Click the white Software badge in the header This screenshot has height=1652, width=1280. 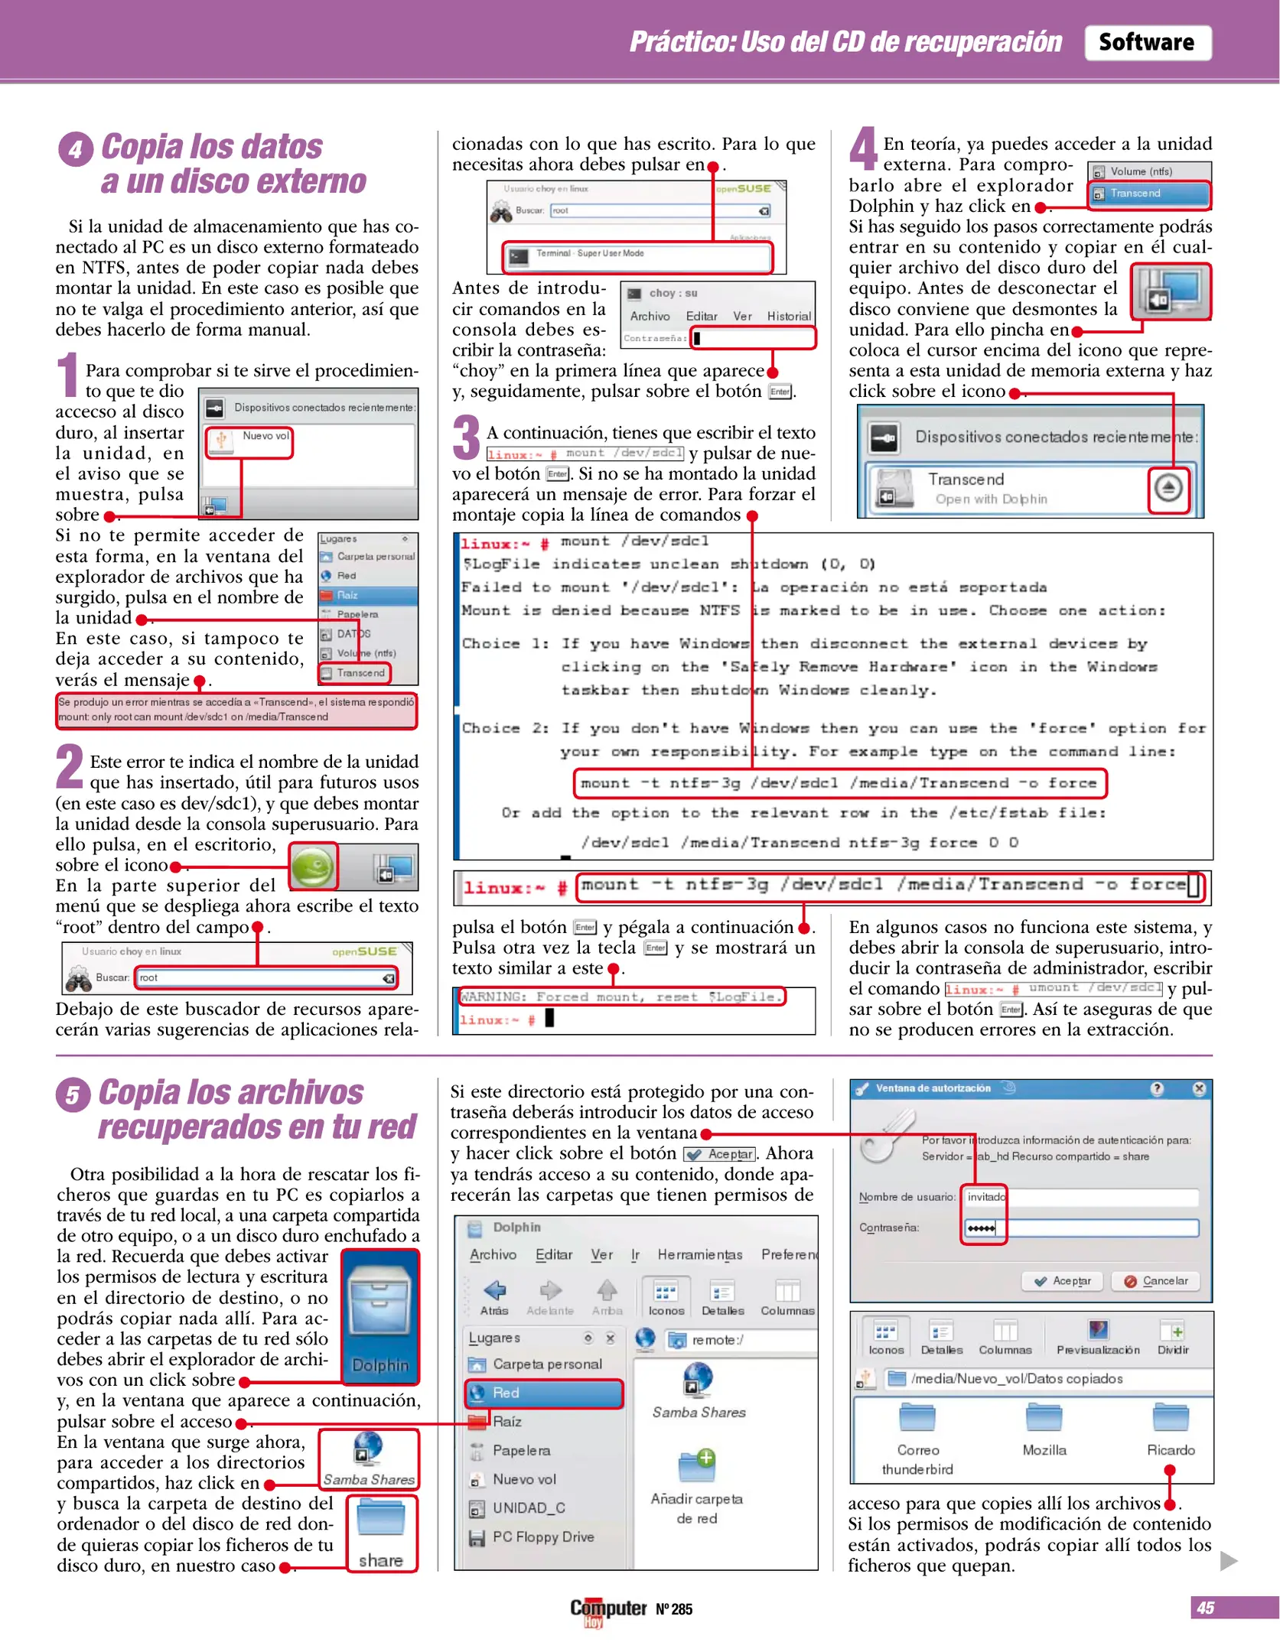tap(1146, 43)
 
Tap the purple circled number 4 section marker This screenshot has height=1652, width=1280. tap(75, 148)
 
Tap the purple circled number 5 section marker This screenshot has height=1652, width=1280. tap(73, 1094)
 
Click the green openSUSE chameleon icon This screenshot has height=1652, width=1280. tap(313, 867)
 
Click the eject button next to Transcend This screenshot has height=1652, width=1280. tap(1168, 488)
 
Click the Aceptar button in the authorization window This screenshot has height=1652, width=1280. tap(1063, 1281)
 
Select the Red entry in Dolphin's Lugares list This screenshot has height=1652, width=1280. tap(543, 1393)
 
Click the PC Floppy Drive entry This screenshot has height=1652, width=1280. tap(542, 1537)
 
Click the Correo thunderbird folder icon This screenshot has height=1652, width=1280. tap(917, 1418)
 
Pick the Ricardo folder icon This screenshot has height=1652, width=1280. tap(1170, 1418)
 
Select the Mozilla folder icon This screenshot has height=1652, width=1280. tap(1044, 1418)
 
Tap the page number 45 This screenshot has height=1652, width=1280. tap(1205, 1608)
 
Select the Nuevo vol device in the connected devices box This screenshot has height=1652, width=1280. tap(249, 441)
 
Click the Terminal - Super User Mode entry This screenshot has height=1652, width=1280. tap(637, 255)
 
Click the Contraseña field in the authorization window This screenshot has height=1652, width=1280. tap(1081, 1228)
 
